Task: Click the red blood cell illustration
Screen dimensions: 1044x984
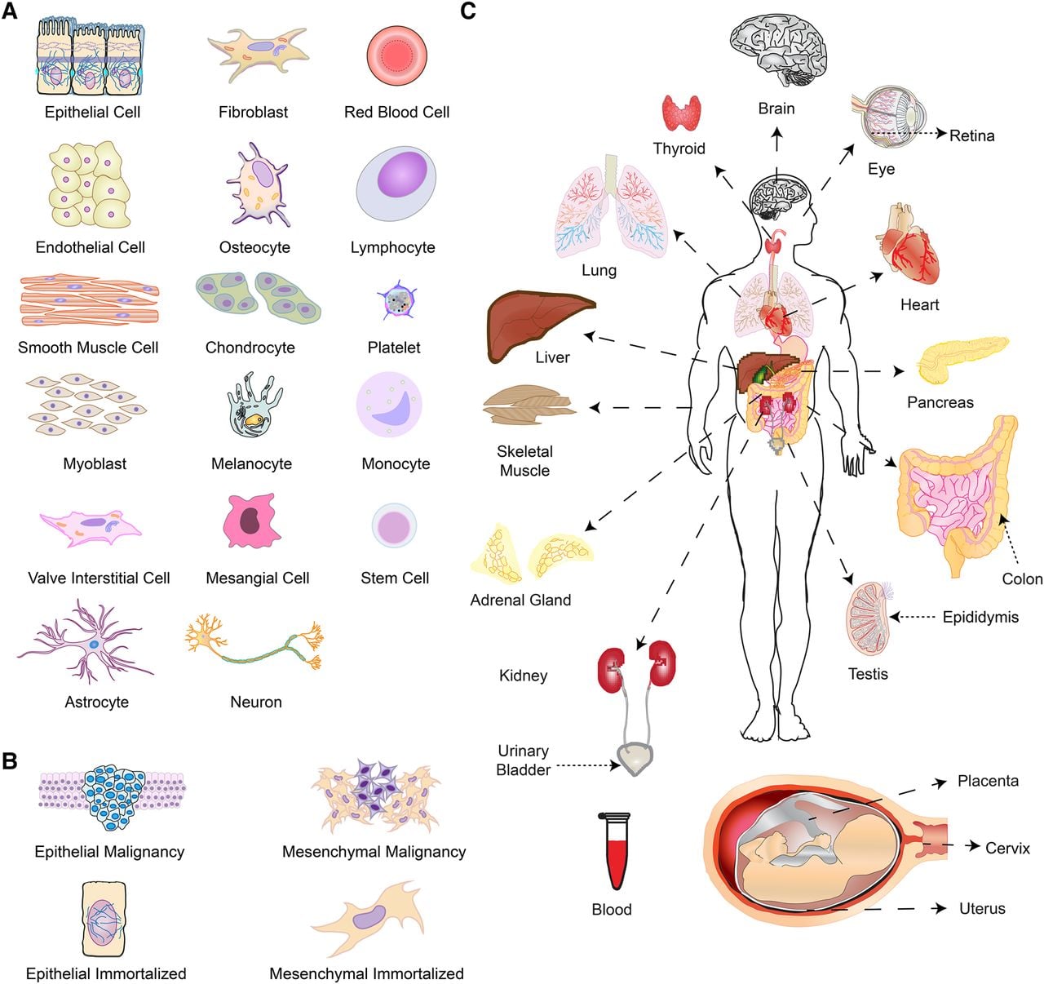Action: point(397,55)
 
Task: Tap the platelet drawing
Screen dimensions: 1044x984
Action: point(397,301)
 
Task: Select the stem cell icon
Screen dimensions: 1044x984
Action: point(394,526)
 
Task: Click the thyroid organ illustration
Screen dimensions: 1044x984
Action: point(682,113)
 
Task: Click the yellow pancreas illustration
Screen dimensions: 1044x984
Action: point(962,359)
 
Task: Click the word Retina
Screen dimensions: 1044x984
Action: point(972,136)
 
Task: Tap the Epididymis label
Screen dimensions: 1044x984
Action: point(980,618)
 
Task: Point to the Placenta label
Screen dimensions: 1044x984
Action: point(988,781)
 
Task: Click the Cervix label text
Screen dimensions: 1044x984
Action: point(1007,849)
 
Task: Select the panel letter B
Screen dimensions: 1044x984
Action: point(10,761)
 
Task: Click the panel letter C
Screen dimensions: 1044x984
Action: point(468,11)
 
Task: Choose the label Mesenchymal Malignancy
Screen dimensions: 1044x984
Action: point(374,852)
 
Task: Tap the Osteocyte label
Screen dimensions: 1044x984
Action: point(254,247)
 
